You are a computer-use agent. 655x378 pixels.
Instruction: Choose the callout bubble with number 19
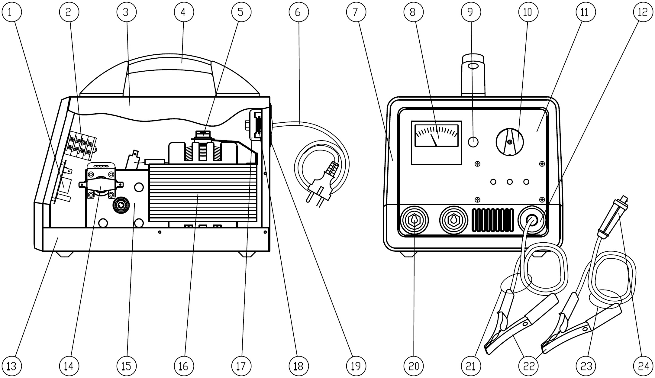pyautogui.click(x=356, y=366)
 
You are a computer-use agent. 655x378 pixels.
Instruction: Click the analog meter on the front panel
pyautogui.click(x=437, y=143)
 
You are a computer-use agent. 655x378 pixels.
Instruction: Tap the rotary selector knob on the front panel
pyautogui.click(x=510, y=142)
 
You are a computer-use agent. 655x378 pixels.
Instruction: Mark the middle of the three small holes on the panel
pyautogui.click(x=510, y=182)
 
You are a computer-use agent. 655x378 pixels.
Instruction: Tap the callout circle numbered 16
pyautogui.click(x=183, y=366)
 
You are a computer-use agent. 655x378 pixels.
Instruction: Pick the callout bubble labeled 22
pyautogui.click(x=528, y=366)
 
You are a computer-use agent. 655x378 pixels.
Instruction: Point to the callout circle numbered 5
pyautogui.click(x=241, y=12)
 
